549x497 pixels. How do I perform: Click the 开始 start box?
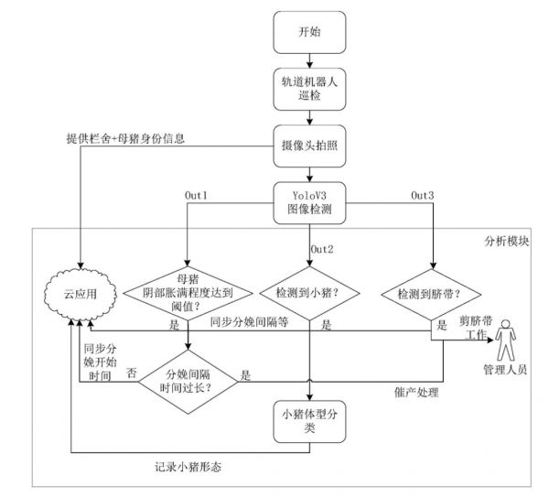click(310, 33)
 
